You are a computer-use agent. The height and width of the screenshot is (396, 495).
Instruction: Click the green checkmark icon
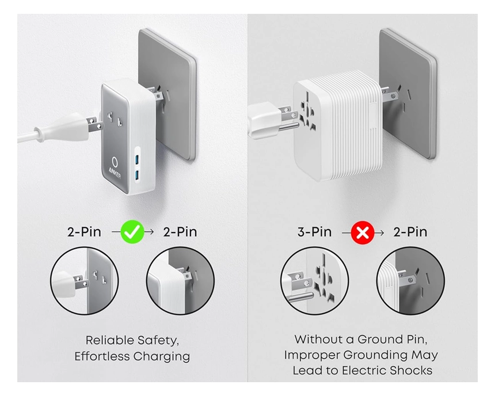(132, 232)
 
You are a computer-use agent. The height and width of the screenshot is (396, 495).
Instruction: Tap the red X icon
(363, 233)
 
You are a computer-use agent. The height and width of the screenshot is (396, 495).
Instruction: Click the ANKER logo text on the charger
(115, 173)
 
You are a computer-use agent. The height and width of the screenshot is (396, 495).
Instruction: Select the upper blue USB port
(138, 159)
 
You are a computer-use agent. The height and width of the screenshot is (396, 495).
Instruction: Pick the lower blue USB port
(138, 174)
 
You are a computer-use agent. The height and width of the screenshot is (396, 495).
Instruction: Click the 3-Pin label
(314, 232)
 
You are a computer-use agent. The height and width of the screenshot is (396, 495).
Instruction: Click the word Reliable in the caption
(109, 340)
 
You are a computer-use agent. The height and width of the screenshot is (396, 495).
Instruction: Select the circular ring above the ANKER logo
(115, 161)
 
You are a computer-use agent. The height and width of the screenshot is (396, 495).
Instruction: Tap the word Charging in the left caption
(161, 356)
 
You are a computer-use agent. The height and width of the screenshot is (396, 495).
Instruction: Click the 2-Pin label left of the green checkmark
(84, 232)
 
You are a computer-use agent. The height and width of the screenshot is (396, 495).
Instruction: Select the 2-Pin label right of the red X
(410, 232)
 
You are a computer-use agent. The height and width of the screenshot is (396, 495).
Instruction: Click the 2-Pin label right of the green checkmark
(180, 232)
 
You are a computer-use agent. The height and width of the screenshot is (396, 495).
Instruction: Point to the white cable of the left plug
(28, 136)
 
